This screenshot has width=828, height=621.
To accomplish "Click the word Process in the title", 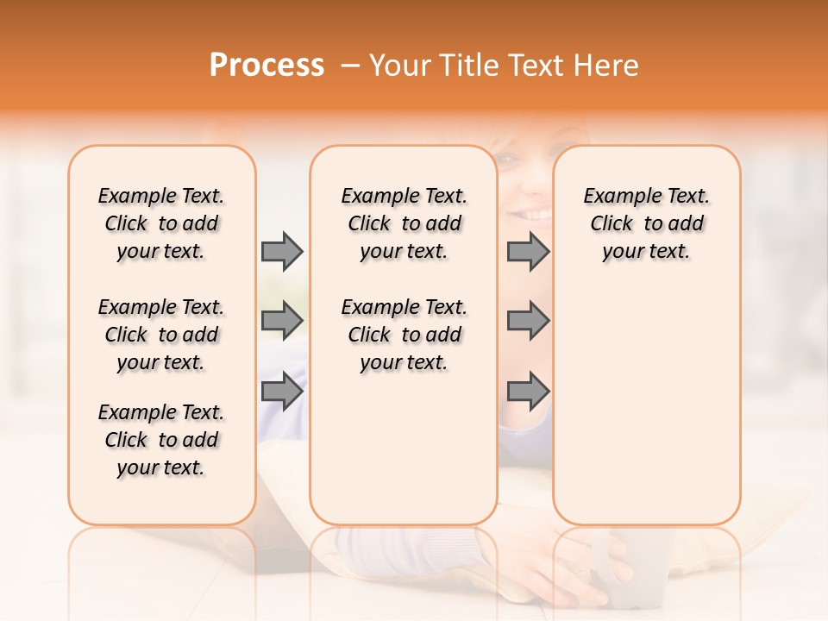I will (267, 66).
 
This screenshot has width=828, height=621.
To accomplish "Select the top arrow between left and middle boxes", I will (282, 251).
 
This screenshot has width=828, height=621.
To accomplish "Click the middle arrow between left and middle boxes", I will (282, 321).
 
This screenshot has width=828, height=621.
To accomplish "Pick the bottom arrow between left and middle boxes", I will (282, 392).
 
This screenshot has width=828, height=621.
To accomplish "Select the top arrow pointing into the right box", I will (528, 251).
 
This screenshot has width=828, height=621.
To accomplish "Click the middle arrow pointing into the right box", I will (528, 321).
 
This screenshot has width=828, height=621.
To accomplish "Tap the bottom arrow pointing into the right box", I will (528, 392).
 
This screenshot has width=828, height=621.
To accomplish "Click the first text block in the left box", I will (161, 223).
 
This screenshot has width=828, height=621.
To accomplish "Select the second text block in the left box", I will (161, 335).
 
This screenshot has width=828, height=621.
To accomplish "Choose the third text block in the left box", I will (161, 440).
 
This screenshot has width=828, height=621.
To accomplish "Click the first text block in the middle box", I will (404, 223).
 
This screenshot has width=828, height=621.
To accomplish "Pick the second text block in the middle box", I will (404, 335).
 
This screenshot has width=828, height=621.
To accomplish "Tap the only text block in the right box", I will (646, 223).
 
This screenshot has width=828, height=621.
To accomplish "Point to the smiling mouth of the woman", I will (533, 211).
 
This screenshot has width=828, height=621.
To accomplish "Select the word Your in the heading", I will (401, 66).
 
